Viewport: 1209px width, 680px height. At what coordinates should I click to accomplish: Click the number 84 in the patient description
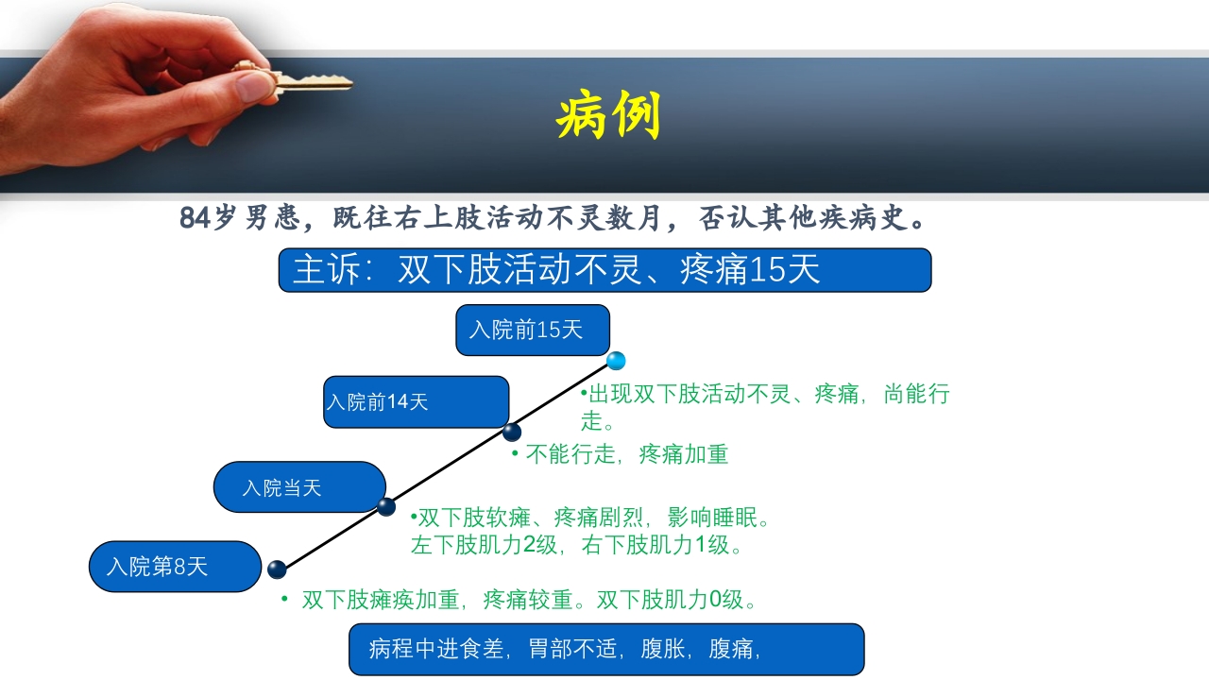tap(194, 218)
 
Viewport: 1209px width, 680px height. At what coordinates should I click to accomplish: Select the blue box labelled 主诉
tap(604, 270)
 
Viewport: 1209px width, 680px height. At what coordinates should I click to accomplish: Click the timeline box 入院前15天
tap(533, 330)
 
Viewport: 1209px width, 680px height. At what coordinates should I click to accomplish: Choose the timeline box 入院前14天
tap(416, 401)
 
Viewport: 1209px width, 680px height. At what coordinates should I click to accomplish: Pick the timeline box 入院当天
tap(299, 487)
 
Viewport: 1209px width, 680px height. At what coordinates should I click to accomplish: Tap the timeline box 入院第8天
tap(175, 567)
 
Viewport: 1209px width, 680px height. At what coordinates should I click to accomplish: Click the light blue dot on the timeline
tap(616, 361)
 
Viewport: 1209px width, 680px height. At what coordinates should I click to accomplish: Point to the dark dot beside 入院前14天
tap(512, 433)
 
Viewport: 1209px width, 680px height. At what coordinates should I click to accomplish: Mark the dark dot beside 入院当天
tap(386, 507)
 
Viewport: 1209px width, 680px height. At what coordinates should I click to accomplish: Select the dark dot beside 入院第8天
tap(277, 569)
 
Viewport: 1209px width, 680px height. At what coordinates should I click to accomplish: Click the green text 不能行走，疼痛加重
tap(626, 454)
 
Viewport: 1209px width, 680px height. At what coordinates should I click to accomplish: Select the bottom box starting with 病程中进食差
tap(606, 649)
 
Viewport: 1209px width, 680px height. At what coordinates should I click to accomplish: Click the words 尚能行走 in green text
tap(907, 395)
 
